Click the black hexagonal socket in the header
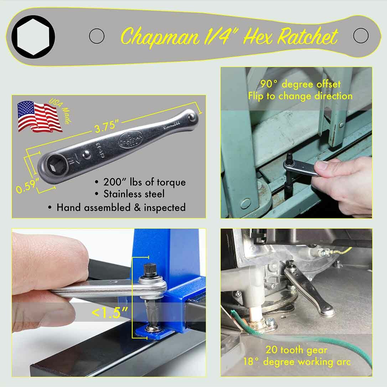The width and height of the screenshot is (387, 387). pos(33,36)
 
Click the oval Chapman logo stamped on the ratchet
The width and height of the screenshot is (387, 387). pos(131,139)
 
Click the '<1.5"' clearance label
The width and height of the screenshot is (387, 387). pos(110,312)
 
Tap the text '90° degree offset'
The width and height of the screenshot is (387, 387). pos(300,84)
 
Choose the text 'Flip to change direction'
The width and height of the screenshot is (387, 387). pos(300,96)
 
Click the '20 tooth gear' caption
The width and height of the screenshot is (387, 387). pos(296,350)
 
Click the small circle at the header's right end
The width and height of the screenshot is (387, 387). pos(361,36)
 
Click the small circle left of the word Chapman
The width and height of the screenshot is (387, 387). pos(97,36)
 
